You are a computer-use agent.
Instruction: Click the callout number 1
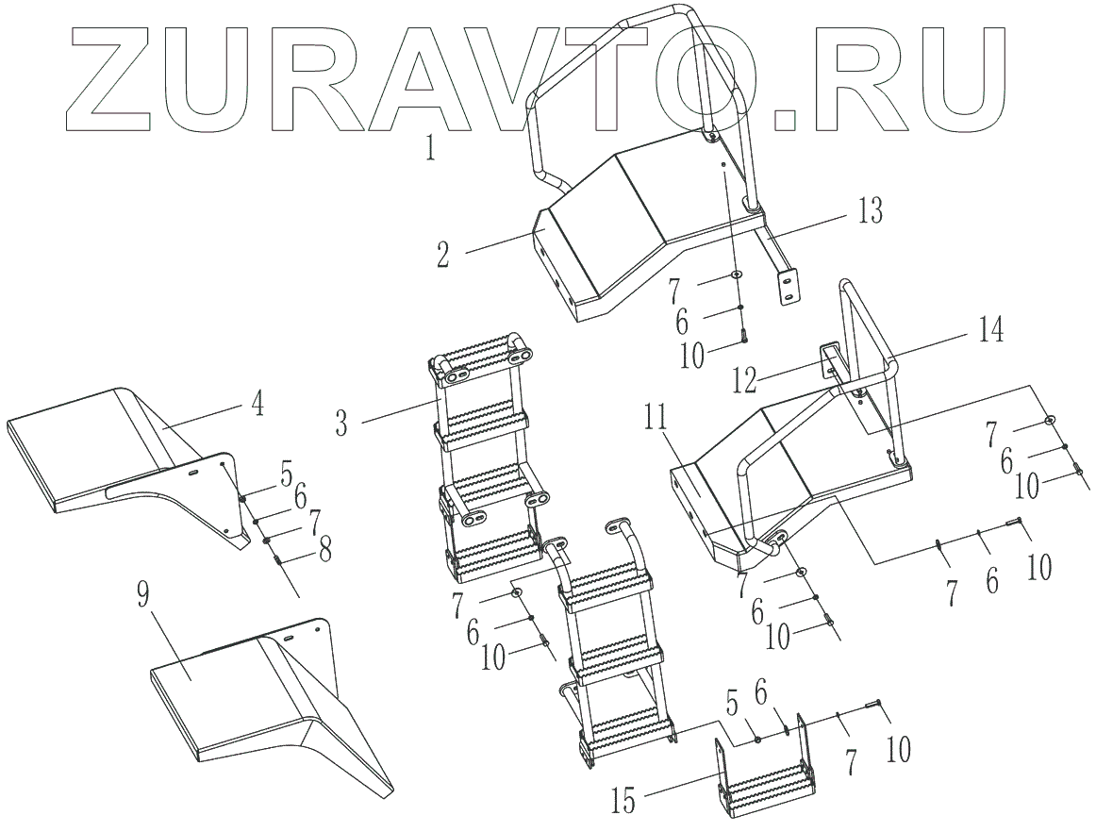click(430, 148)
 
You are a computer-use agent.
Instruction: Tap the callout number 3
click(340, 422)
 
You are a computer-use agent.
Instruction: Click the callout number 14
click(989, 332)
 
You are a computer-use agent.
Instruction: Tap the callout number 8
click(324, 549)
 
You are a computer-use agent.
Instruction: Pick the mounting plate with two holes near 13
click(786, 286)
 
